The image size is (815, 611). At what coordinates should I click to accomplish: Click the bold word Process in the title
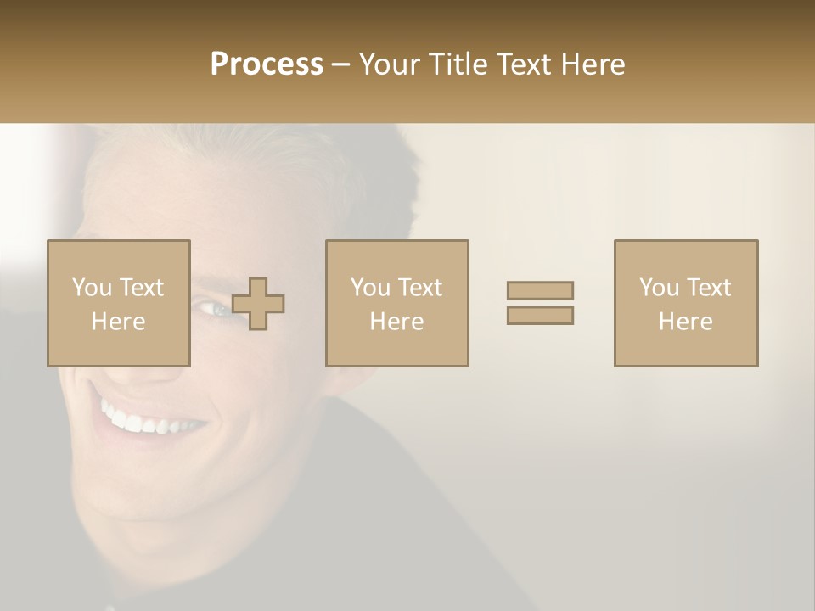(267, 64)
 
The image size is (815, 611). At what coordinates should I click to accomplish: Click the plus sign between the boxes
(258, 304)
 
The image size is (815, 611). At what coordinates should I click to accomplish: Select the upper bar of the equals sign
(540, 290)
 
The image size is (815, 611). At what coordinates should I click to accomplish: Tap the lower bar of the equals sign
(540, 315)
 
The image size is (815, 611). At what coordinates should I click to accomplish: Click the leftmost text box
(119, 304)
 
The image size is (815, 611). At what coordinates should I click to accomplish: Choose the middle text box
(397, 304)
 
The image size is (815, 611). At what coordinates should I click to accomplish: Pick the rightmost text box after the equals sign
(686, 304)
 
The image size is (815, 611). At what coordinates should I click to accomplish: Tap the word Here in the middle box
(397, 322)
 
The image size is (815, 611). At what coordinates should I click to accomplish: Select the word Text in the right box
(708, 288)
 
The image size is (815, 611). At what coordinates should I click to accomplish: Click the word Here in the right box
(686, 322)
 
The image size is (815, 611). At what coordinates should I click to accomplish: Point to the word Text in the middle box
(419, 288)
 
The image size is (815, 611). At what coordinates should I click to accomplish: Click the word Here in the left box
(119, 322)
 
